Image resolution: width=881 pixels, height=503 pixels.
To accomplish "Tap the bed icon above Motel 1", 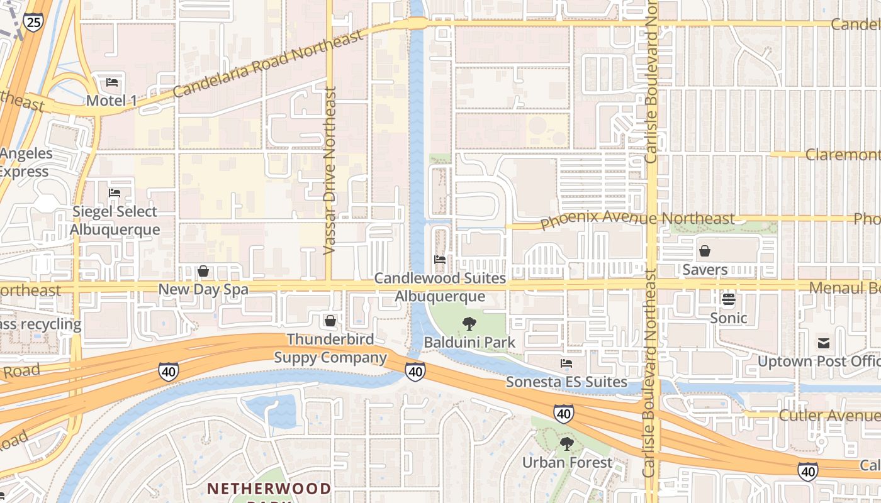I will pyautogui.click(x=112, y=82).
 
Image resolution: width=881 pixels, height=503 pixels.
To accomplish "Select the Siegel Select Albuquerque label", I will pyautogui.click(x=115, y=221).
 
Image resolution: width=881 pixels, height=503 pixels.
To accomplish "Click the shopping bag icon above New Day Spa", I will pyautogui.click(x=203, y=271).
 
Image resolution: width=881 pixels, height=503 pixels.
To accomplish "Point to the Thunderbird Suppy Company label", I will pyautogui.click(x=330, y=348).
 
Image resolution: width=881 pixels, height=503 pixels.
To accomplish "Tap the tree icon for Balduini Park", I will pyautogui.click(x=469, y=324).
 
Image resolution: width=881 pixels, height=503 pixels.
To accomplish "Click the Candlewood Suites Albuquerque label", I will pyautogui.click(x=440, y=287).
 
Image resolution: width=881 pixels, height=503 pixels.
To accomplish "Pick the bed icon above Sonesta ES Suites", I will pyautogui.click(x=566, y=363).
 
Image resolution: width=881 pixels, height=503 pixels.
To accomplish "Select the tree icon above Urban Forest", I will pyautogui.click(x=567, y=444).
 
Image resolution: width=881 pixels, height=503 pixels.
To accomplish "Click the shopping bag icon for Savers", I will pyautogui.click(x=705, y=251).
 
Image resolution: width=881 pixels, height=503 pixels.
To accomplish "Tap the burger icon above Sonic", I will pyautogui.click(x=729, y=299).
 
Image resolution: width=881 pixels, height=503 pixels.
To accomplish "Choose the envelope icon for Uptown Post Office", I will pyautogui.click(x=824, y=343).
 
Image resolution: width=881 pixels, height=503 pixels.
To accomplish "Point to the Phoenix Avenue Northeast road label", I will pyautogui.click(x=637, y=219).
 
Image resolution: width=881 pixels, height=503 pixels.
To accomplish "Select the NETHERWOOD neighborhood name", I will pyautogui.click(x=269, y=489).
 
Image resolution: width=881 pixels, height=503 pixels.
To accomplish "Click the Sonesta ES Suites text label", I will pyautogui.click(x=566, y=382).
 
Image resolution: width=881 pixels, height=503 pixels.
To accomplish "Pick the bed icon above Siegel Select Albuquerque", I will pyautogui.click(x=115, y=193).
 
